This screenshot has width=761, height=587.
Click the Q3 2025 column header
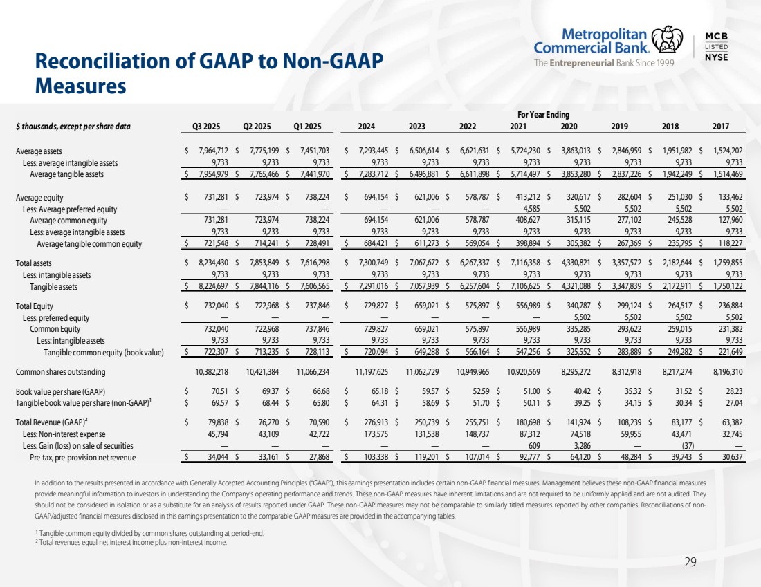point(205,127)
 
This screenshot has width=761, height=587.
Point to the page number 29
point(690,562)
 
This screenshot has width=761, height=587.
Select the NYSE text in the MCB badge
point(716,57)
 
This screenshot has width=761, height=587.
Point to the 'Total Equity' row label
point(35,306)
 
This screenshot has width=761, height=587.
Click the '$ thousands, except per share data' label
point(73,127)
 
